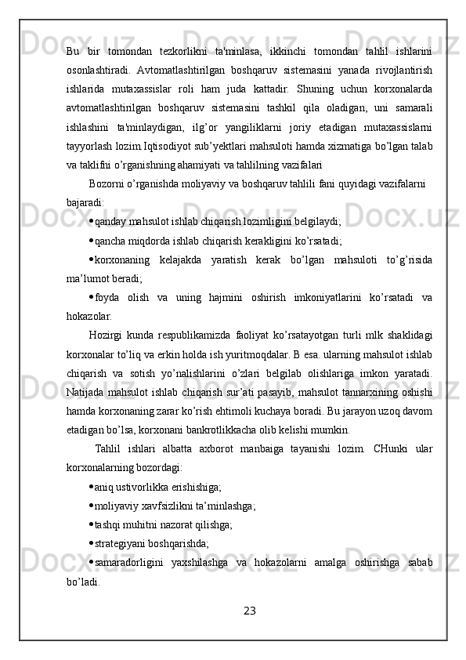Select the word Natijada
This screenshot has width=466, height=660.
click(x=89, y=390)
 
